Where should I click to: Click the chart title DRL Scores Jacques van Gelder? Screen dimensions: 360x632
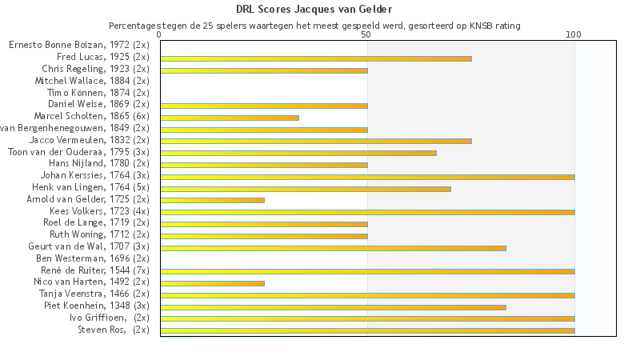[x=314, y=10]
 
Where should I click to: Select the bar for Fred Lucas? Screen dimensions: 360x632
[x=316, y=58]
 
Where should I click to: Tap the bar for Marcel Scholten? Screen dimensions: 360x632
[x=230, y=118]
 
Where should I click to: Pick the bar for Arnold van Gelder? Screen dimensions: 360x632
[x=212, y=200]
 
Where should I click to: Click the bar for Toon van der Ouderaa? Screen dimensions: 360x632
[x=298, y=153]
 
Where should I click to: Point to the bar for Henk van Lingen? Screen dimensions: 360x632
[x=306, y=189]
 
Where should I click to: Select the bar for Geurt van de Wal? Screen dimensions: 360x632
[x=333, y=248]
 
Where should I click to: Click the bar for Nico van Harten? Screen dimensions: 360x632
[x=212, y=283]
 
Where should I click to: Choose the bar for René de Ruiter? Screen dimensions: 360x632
[x=367, y=271]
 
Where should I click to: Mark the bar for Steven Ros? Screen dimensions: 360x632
[x=367, y=330]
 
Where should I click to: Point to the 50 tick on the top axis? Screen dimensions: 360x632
[x=366, y=35]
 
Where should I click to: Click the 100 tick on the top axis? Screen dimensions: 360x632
[x=574, y=35]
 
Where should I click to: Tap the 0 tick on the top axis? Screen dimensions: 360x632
[x=160, y=35]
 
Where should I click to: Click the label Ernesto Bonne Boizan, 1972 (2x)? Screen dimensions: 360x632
[x=79, y=46]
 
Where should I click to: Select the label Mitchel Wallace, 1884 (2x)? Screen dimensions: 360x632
[x=92, y=81]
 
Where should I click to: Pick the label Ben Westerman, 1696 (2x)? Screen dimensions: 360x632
[x=93, y=258]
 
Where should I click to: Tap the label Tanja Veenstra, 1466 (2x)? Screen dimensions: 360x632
[x=94, y=294]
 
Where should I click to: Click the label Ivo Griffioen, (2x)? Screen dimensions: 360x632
[x=109, y=318]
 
